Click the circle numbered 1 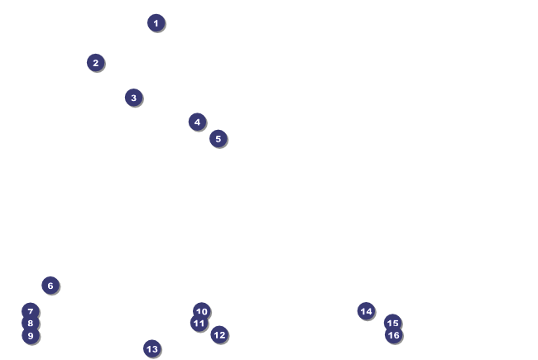156,22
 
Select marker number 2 95,62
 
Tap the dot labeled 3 133,97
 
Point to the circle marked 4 197,122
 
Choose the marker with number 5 218,138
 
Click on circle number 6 50,286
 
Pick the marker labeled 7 30,311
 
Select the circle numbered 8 30,323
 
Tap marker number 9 30,335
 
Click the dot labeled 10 202,311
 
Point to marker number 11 199,323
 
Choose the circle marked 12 219,334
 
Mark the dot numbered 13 151,348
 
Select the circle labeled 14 366,310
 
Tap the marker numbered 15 392,323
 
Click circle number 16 393,335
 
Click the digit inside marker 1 156,22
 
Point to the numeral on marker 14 366,310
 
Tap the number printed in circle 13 151,348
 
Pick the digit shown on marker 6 50,286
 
